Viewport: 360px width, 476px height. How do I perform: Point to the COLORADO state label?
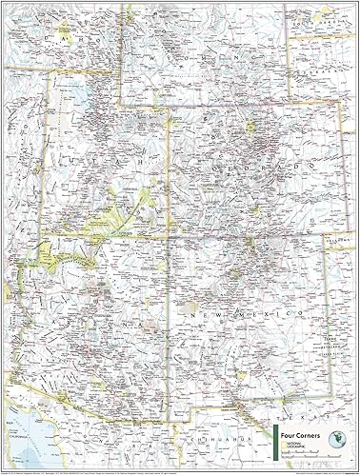point(276,168)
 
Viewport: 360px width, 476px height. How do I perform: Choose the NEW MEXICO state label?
point(248,311)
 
